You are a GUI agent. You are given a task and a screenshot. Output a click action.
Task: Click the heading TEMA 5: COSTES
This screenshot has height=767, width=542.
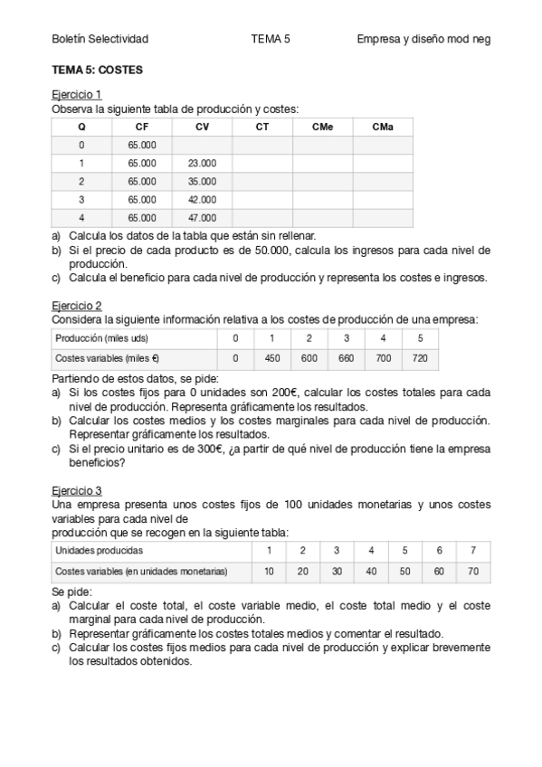coord(97,70)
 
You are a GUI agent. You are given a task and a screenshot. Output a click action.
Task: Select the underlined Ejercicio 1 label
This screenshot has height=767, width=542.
coord(76,94)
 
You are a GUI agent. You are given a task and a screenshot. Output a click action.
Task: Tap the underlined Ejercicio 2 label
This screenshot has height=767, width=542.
coord(76,306)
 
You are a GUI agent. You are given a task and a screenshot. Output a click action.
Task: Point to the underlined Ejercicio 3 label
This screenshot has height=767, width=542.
coord(76,489)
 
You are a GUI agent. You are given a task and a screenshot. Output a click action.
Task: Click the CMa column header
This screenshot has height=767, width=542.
coord(383,128)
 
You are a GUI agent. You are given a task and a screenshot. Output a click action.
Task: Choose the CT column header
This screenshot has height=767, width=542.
coord(262,128)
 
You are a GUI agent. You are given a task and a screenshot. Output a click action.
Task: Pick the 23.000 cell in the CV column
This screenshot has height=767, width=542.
coord(202,164)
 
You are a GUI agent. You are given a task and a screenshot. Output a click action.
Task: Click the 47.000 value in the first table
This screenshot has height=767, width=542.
coord(202,218)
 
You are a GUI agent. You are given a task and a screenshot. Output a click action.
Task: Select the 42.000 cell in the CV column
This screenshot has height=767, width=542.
coord(202,200)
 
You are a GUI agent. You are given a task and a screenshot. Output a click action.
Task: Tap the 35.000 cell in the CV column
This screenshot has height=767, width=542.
coord(202,182)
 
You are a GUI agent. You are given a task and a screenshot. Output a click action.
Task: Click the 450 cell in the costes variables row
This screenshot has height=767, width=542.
coord(271,358)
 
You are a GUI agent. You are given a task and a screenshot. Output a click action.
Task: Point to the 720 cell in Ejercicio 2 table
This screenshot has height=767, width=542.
coord(420,358)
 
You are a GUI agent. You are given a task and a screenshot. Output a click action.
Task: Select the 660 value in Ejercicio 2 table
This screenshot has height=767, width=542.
coord(346,358)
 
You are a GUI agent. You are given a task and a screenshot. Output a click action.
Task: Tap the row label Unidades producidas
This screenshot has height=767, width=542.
coord(99,550)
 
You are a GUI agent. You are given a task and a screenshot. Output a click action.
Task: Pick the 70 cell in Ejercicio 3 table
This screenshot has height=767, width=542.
coord(472,571)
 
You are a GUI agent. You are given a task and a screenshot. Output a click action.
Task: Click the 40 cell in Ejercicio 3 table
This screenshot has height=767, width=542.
coord(371,571)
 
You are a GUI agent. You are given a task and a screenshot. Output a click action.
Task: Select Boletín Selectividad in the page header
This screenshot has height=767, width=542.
coord(100,40)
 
